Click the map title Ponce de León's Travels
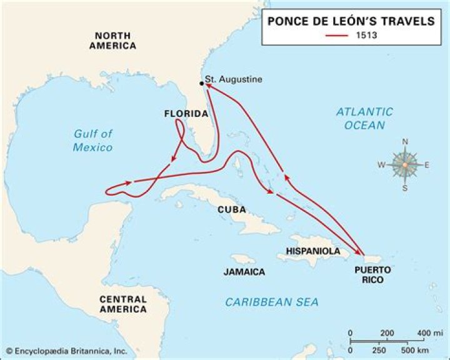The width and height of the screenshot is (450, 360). point(351,21)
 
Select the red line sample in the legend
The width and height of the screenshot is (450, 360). point(336,36)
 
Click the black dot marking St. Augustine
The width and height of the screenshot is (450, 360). point(202,83)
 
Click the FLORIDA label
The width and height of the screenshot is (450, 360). point(186,114)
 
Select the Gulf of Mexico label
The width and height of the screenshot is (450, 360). point(92,140)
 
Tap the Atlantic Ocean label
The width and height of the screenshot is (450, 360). point(364,118)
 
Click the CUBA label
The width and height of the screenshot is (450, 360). point(231,209)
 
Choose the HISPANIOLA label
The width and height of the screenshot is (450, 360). point(313,251)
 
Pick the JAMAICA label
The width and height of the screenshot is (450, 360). point(244,272)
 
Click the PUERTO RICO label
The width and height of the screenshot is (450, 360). point(372,274)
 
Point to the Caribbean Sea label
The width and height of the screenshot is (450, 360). point(272,302)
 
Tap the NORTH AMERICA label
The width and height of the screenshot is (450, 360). point(112,41)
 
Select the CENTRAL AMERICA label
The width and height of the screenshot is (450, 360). point(123,304)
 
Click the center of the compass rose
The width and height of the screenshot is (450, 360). point(404,165)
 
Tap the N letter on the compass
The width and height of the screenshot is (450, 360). point(404,142)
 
